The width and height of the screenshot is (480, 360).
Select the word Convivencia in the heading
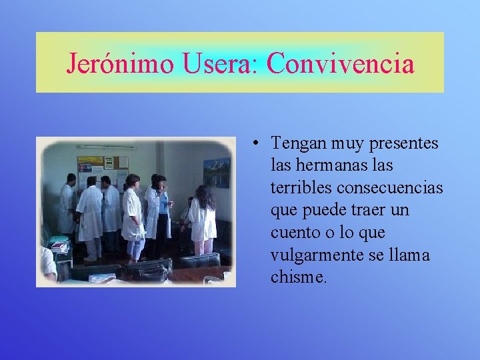[341, 64]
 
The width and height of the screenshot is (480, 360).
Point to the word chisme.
[299, 277]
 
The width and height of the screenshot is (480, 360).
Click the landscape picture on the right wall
[217, 173]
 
